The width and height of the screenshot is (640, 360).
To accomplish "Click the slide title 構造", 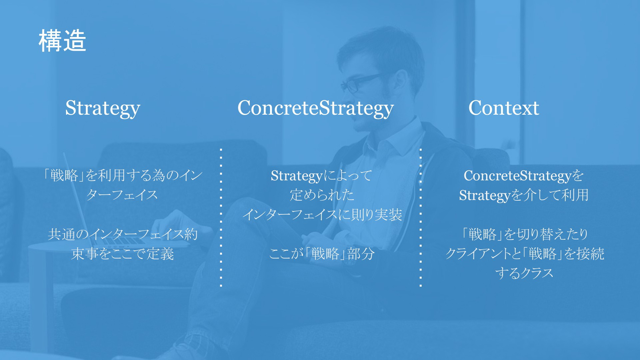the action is coord(62,41).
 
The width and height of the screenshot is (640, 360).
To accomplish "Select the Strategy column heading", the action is coord(103,108).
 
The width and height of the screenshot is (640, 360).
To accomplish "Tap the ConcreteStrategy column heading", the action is coord(316,108).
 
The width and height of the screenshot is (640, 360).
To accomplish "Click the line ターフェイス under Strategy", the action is coord(122,195).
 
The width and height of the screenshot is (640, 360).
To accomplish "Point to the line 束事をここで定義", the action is coord(122,254).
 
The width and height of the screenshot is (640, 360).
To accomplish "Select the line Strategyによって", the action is coord(321,176).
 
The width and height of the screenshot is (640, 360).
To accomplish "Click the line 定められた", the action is coord(322,195).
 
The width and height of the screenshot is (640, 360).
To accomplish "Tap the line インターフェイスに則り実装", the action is coord(322,214).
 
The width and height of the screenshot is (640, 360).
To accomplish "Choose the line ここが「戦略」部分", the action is coord(322,254).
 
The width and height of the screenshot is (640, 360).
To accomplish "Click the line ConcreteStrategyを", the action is coord(523,176).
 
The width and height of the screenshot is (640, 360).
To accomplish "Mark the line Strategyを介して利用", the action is coord(524,195).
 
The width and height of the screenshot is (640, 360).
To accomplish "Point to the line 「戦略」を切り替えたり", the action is coord(524,234).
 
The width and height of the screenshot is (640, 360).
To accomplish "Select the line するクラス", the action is coord(524,273).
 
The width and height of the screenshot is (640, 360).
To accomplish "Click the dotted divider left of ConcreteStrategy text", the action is coord(221,217).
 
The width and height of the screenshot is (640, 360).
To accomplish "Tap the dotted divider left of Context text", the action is coord(421,217).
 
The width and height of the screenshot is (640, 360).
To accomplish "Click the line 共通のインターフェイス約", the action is coord(123,234).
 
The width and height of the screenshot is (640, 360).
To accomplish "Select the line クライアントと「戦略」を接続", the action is coord(525,254).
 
